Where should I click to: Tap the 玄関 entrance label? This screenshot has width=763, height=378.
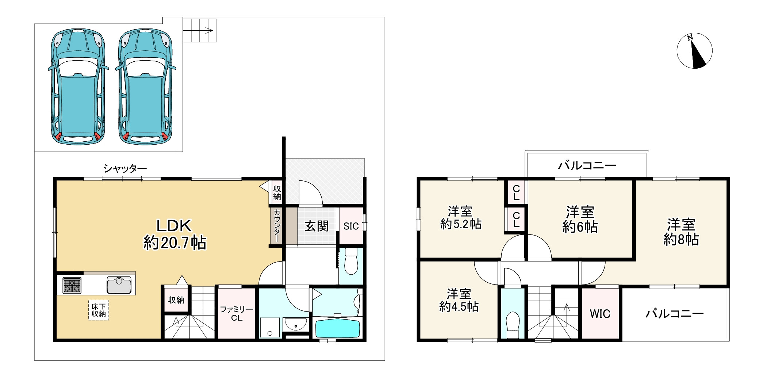coord(317,226)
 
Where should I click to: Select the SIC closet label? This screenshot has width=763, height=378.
coord(351,226)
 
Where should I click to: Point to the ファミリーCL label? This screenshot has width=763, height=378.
coord(237,314)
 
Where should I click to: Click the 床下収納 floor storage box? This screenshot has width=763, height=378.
coord(99,310)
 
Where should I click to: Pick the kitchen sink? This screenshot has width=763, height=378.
coord(119,285)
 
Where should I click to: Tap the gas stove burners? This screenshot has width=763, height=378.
coord(72,285)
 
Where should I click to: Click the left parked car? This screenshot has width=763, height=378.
coord(78,87)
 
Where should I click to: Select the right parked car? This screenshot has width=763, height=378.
coord(146,87)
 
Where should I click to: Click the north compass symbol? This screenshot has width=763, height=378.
coord(694,51)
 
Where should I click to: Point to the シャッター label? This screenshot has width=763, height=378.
coord(125,169)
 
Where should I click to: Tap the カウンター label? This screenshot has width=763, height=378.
coord(277,225)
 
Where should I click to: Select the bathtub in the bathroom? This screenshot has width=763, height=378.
coord(337,328)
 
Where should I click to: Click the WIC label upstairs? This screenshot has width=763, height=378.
coord(600,314)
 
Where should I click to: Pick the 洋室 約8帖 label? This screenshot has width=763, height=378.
coord(681,232)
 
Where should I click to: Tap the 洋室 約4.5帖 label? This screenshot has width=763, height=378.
coord(459,300)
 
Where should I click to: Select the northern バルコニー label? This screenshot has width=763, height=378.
coord(587,166)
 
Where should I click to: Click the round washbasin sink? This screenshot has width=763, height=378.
coord(296,324)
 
